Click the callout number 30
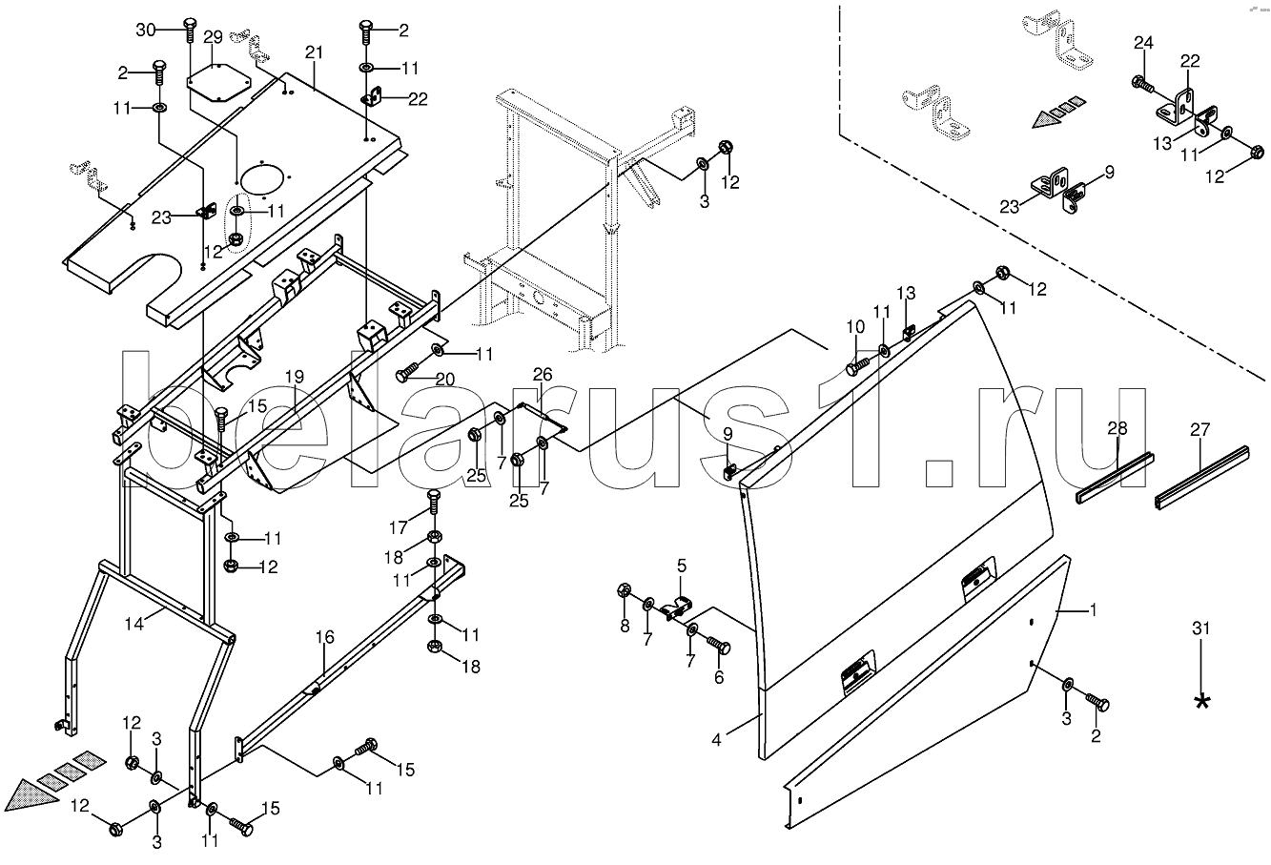146,30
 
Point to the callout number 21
315,51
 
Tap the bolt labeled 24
1139,85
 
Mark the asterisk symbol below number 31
1201,701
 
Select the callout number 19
294,378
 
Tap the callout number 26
542,374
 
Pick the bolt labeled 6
721,649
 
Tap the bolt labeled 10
858,361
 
